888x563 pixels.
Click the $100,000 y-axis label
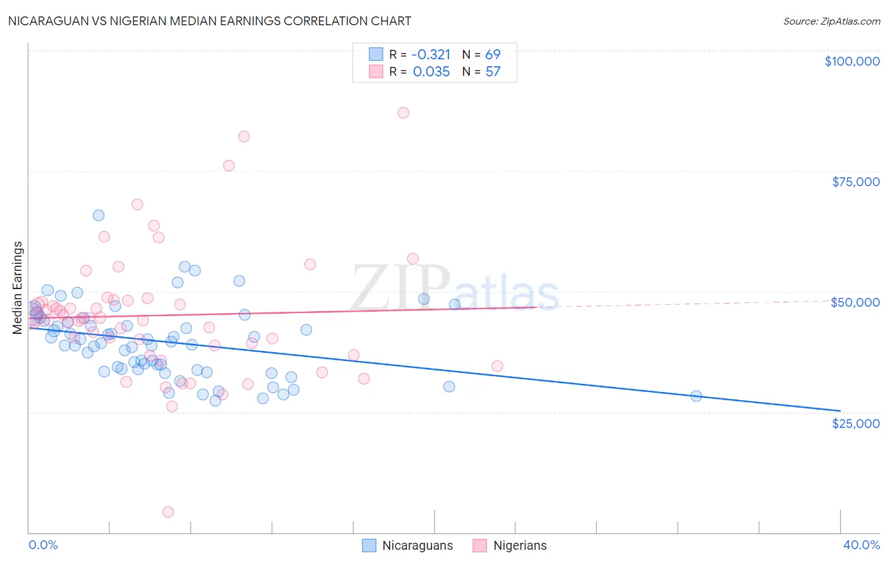click(x=852, y=61)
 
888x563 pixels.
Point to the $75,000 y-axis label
click(x=856, y=182)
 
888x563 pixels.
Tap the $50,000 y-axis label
click(x=855, y=302)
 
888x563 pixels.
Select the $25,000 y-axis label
click(x=856, y=423)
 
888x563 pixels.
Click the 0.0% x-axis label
click(x=44, y=545)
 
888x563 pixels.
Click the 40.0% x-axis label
click(x=861, y=545)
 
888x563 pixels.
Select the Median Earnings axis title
click(x=18, y=288)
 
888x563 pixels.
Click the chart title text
click(x=210, y=21)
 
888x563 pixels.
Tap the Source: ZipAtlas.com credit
click(x=831, y=21)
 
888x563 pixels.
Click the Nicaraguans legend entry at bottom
click(x=408, y=545)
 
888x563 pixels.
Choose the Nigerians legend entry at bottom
click(x=510, y=545)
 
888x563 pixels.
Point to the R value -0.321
click(x=431, y=54)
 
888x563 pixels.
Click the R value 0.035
click(x=431, y=72)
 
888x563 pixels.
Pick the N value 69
click(x=493, y=54)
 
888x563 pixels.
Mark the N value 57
click(x=493, y=72)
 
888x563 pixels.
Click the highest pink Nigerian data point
click(x=404, y=113)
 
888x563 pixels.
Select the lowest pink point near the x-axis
click(x=168, y=512)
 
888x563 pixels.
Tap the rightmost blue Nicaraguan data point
click(x=696, y=396)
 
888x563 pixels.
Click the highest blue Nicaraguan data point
click(x=99, y=215)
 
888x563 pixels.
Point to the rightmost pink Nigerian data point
click(x=497, y=366)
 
